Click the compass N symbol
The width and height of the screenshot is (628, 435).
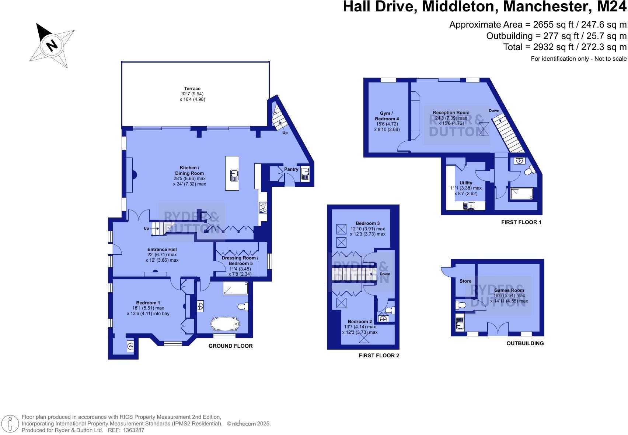tap(52, 45)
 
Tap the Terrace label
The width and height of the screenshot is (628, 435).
tap(192, 89)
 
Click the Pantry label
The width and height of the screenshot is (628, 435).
tap(291, 169)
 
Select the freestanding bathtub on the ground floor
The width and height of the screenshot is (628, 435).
tap(225, 324)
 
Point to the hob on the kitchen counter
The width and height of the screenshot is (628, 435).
tap(263, 208)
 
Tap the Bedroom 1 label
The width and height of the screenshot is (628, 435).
tap(148, 303)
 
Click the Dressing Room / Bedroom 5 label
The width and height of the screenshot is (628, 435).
tap(240, 261)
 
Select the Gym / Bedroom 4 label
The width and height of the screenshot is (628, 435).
tap(387, 116)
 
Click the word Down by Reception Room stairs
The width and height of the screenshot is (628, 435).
tap(494, 111)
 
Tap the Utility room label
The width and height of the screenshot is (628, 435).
tap(466, 183)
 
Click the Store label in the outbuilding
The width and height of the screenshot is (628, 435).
tap(465, 281)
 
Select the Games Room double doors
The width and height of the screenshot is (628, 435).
tap(498, 328)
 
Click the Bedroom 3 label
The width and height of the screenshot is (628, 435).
tap(367, 223)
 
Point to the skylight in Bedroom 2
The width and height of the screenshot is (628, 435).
tap(364, 338)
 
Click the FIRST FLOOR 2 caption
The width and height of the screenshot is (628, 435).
tap(379, 356)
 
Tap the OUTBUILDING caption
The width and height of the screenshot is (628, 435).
tap(525, 343)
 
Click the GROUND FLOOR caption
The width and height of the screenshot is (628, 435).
tap(230, 346)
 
